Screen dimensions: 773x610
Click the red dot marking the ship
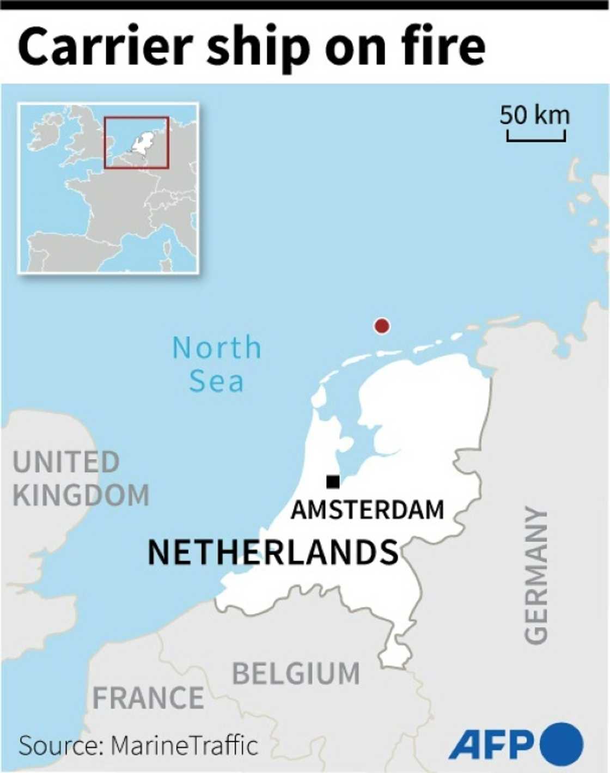tap(382, 326)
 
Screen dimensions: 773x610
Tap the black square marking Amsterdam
tap(333, 482)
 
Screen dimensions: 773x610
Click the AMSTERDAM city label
tap(368, 510)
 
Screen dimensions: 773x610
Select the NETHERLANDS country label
tap(273, 552)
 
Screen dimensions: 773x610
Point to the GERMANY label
tap(536, 575)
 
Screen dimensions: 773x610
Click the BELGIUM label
tap(296, 674)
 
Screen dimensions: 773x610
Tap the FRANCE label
tap(148, 698)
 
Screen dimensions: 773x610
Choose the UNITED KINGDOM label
tap(81, 479)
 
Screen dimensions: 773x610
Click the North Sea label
tap(217, 364)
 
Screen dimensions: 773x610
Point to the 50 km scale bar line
tap(536, 139)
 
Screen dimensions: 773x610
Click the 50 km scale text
tap(535, 115)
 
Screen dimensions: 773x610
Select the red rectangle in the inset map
tap(137, 118)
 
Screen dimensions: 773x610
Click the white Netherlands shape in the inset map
tap(143, 142)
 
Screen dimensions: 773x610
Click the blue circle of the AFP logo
tap(562, 744)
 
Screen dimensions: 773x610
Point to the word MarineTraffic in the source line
tap(184, 745)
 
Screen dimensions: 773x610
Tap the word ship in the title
tap(261, 48)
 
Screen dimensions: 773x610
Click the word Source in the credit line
tap(60, 745)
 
